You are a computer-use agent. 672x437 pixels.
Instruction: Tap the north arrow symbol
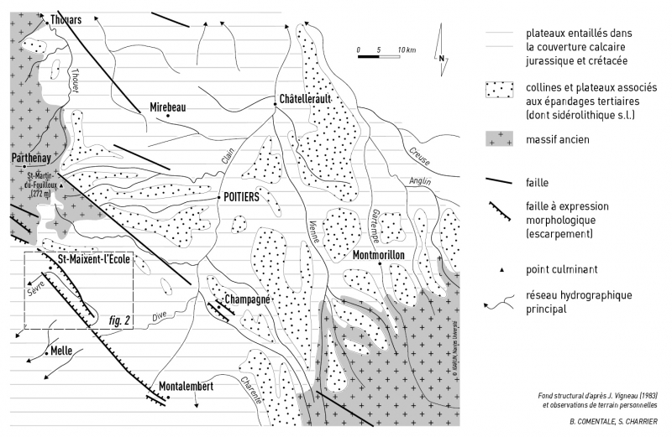click(x=443, y=45)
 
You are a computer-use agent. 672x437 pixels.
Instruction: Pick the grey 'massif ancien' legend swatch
click(x=498, y=138)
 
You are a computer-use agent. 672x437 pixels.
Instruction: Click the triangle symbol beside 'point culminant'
click(x=499, y=268)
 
